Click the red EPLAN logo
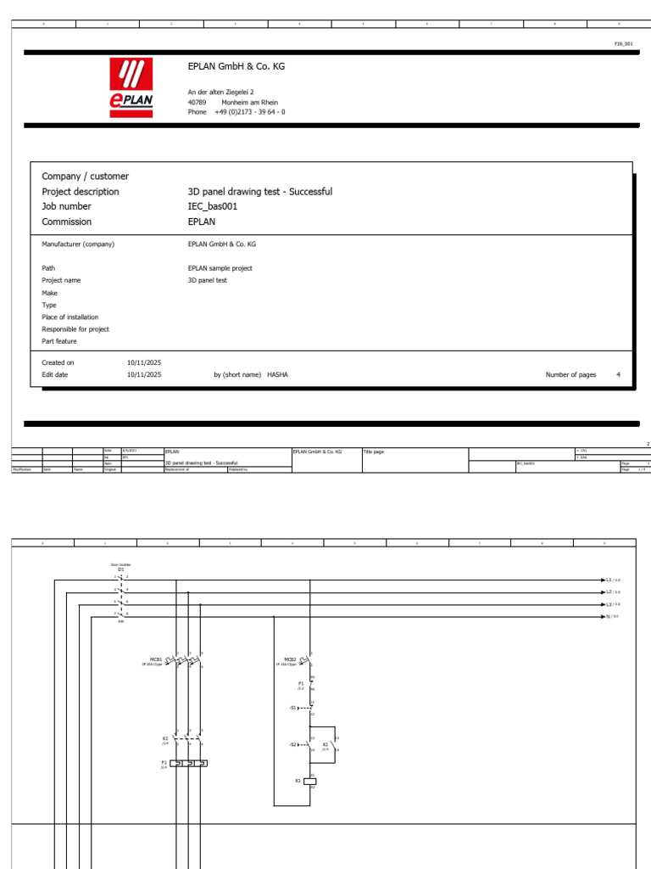tap(131, 87)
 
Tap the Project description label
tap(81, 192)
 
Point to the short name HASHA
tap(277, 374)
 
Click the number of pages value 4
tap(618, 374)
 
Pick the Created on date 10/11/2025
tap(144, 362)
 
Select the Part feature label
tap(59, 341)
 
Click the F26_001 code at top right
tap(623, 42)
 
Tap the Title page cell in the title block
tap(374, 452)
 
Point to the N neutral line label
tap(609, 616)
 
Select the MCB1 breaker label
tap(156, 658)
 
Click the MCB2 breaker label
tap(290, 659)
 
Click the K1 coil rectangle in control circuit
tap(310, 780)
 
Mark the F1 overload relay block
tap(188, 764)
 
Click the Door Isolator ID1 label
tap(120, 566)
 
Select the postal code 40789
tap(197, 102)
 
